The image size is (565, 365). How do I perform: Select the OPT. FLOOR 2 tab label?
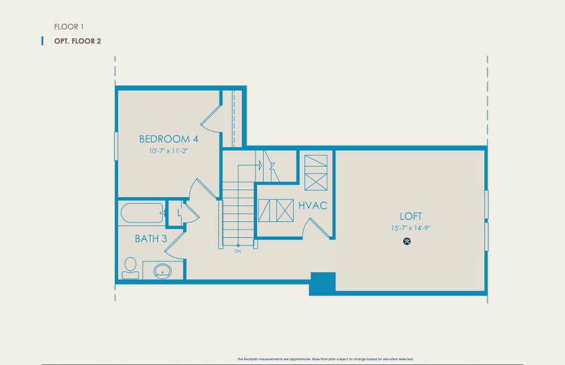(77, 41)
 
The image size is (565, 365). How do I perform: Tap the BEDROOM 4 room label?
(168, 139)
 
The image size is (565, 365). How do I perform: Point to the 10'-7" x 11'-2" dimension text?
(168, 151)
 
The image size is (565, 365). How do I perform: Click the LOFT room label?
(411, 216)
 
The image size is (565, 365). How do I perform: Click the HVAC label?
(313, 206)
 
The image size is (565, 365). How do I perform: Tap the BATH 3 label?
(151, 238)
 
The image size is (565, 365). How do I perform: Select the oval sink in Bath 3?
(162, 270)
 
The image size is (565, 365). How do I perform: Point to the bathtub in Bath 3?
(141, 214)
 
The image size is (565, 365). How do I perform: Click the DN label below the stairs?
(237, 251)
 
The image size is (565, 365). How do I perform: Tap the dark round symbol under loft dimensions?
(407, 242)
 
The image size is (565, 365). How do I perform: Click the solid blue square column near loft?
(322, 283)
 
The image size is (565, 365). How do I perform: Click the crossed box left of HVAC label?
(276, 210)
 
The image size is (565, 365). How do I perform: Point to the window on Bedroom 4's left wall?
(116, 146)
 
